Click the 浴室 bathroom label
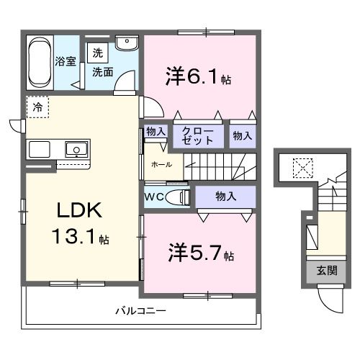(66, 61)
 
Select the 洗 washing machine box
(96, 53)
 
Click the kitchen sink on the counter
(76, 150)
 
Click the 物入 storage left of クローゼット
(156, 132)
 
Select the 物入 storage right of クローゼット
(242, 135)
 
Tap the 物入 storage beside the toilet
(225, 195)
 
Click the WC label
(153, 196)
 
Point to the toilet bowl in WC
(176, 197)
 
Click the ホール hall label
(161, 164)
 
